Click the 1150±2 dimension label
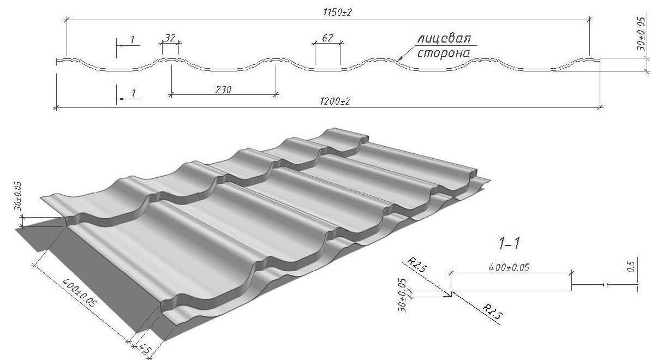(337, 13)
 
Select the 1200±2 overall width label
(335, 101)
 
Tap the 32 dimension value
(170, 38)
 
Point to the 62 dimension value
(327, 38)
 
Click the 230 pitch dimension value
(223, 89)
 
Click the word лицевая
(444, 39)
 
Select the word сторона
(444, 53)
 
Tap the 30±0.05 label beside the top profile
(642, 33)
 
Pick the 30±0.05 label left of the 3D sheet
(18, 196)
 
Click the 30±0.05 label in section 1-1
(402, 295)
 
